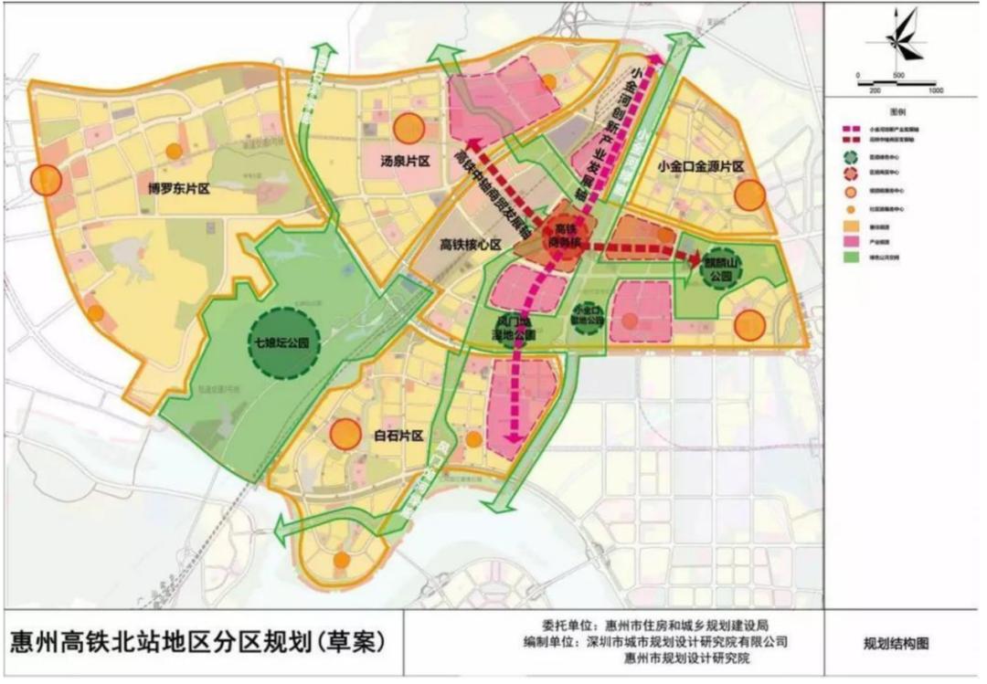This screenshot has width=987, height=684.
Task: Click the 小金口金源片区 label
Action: tap(701, 167)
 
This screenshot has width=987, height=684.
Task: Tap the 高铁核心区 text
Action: tap(472, 244)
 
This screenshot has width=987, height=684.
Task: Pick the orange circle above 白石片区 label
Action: tap(345, 434)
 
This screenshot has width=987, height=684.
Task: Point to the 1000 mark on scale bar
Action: tap(934, 92)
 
